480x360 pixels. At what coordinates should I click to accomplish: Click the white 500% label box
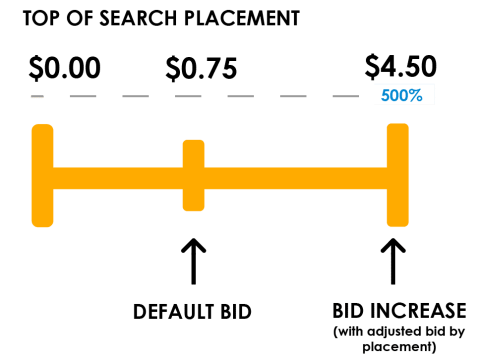point(404,95)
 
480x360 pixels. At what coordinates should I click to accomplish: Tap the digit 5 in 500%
point(387,95)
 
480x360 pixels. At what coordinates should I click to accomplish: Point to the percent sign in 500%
point(417,95)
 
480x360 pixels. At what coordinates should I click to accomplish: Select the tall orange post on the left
point(42,175)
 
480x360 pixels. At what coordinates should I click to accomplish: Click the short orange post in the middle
point(193,175)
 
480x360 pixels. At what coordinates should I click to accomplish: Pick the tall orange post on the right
point(397,175)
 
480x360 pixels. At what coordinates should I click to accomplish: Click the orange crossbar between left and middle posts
point(118,178)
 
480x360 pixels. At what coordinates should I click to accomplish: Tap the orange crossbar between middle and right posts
point(295,178)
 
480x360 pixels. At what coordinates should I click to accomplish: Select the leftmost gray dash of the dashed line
point(37,96)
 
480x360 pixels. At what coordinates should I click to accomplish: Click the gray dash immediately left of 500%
point(346,96)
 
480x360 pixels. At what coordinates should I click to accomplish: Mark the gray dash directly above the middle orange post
point(188,96)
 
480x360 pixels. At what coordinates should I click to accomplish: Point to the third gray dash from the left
point(135,96)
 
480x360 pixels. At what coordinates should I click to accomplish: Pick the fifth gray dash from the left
point(240,96)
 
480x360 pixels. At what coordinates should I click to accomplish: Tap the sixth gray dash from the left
point(293,96)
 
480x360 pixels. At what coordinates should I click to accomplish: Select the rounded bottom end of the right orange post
point(397,223)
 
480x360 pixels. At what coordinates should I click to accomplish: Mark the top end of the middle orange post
point(193,143)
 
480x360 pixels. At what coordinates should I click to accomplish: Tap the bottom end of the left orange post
point(42,223)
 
